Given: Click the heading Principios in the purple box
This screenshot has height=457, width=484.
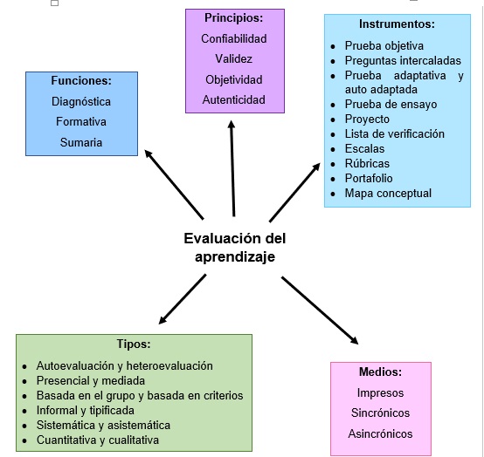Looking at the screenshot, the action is (x=233, y=18).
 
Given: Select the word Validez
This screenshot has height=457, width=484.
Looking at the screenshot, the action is (x=233, y=58).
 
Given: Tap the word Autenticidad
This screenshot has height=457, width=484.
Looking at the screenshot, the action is (x=233, y=99).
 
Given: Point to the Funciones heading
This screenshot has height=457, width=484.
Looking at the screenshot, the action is (x=81, y=80).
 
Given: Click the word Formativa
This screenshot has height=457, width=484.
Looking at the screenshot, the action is (x=81, y=121).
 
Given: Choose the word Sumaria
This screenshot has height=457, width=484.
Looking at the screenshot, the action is (x=81, y=142).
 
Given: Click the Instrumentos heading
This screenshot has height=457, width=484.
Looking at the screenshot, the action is (x=397, y=24).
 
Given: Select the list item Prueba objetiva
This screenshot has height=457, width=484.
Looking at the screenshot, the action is (x=384, y=46).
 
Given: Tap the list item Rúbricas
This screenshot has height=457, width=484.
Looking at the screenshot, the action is (x=367, y=163).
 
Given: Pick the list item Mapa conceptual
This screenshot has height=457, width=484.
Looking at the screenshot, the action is (x=388, y=194).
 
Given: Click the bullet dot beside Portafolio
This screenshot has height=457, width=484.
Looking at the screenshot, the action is (x=333, y=179).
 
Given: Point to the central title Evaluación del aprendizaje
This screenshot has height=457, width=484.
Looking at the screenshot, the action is (x=235, y=248).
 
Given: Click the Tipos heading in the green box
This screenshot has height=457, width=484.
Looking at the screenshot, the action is (x=134, y=344).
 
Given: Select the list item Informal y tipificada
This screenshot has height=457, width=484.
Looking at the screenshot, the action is (x=86, y=411).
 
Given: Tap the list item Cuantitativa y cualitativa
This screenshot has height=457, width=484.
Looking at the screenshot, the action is (x=98, y=440).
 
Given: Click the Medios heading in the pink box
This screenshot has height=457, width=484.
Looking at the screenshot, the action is (x=380, y=372).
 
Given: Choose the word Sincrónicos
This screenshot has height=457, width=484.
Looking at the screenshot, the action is (x=380, y=413).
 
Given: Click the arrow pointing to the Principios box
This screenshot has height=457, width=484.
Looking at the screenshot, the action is (x=232, y=168).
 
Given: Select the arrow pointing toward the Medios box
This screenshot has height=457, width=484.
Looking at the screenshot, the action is (x=320, y=310).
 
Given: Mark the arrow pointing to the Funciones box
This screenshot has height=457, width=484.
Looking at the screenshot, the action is (x=174, y=184).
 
